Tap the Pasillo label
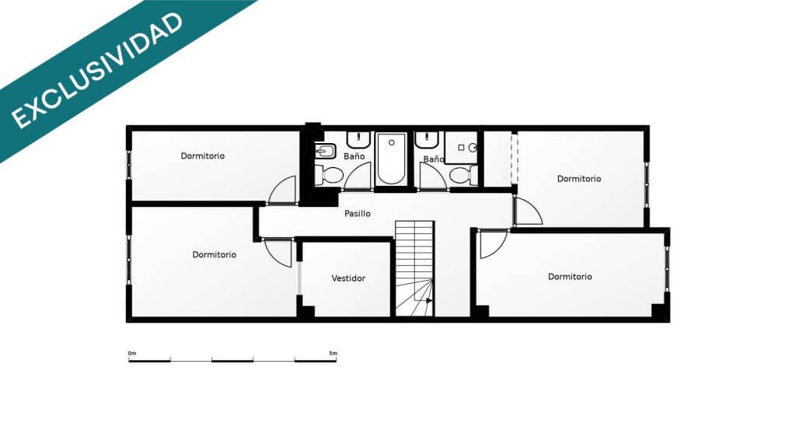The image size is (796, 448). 358,213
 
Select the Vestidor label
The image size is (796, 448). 348,278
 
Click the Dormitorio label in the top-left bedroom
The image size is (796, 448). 203,156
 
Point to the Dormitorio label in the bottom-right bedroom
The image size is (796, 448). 570,276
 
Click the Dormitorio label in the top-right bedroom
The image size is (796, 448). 579,178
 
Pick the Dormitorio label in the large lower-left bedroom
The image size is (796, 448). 215,254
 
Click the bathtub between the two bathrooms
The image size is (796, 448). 391,159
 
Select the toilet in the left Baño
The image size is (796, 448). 330,173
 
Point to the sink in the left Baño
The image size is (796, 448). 358,140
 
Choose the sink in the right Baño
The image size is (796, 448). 426,140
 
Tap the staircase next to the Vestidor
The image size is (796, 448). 414,268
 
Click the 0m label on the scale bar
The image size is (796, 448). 132,354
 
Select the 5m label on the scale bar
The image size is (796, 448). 333,354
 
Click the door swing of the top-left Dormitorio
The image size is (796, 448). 284,191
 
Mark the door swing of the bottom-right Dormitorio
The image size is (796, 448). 492,243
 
